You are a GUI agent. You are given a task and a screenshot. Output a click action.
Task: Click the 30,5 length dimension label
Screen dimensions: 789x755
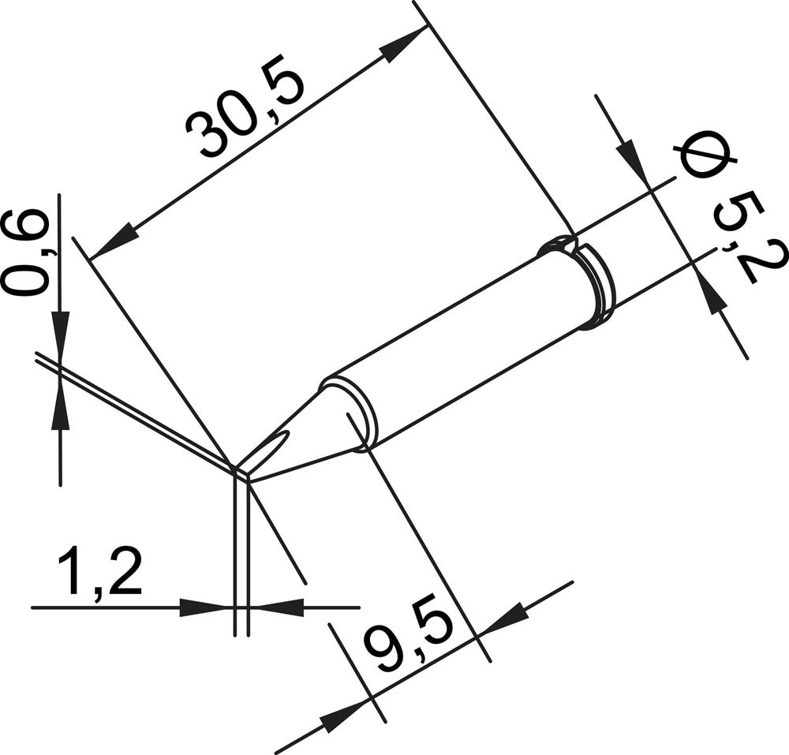pos(245,112)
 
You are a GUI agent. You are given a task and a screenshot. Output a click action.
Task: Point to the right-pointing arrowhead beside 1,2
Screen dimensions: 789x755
pos(204,607)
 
